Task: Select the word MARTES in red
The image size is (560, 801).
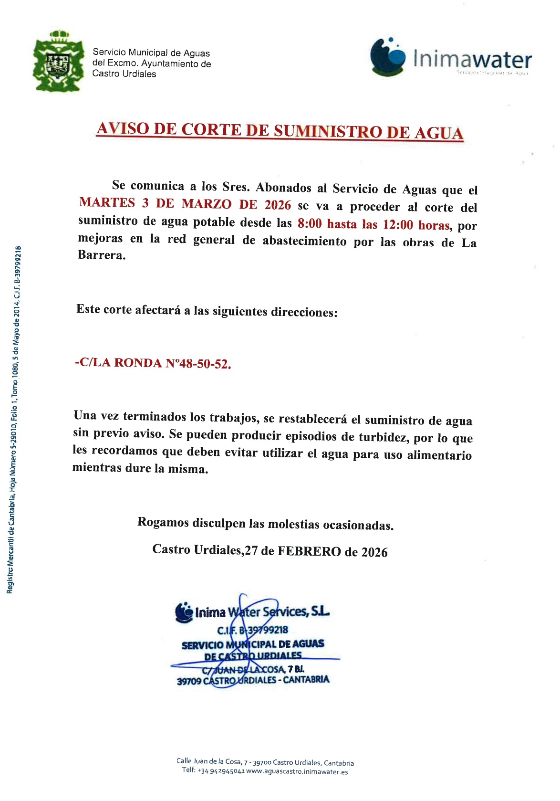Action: (x=107, y=203)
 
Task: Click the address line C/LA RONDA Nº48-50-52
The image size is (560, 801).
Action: (x=153, y=363)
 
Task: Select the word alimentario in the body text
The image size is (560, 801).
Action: (x=439, y=455)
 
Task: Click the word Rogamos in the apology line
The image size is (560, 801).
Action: (x=163, y=522)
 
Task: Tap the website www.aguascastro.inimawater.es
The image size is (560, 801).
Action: (x=297, y=771)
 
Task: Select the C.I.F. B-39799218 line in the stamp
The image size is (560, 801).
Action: (x=252, y=630)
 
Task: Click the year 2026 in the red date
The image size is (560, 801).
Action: (x=278, y=205)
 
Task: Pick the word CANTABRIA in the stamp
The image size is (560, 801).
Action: (x=306, y=679)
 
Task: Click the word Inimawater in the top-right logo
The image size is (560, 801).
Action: (x=472, y=60)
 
